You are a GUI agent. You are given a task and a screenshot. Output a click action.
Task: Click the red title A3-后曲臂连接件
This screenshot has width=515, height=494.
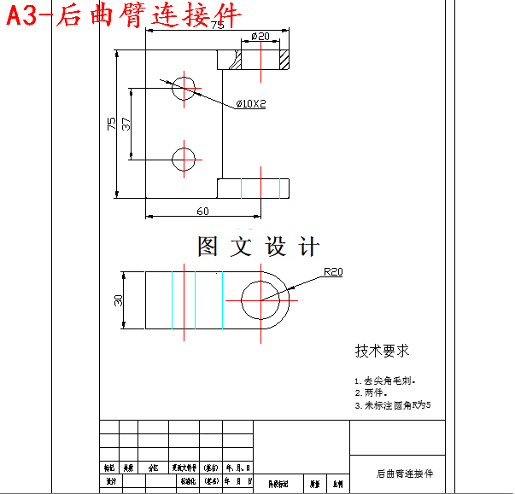(124, 15)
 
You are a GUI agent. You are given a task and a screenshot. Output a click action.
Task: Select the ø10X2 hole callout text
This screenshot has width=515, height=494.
(251, 104)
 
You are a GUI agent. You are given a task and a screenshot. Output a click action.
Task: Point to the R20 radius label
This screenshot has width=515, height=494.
(332, 272)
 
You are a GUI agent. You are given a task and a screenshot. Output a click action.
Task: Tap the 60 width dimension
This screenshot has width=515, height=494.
(202, 211)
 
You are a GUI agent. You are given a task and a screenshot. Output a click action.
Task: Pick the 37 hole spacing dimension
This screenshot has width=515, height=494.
(126, 123)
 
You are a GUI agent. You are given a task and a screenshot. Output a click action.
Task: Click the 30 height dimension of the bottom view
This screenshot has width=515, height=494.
(120, 299)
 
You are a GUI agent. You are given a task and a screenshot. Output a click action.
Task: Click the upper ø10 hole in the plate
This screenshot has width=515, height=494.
(184, 88)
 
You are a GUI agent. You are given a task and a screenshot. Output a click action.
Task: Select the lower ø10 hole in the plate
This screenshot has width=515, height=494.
(184, 158)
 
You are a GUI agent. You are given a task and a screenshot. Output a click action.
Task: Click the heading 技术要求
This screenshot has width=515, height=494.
(382, 350)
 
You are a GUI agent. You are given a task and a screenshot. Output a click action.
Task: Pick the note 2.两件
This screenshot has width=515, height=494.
(372, 393)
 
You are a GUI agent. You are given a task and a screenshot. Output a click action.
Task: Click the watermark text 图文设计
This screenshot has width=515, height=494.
(258, 247)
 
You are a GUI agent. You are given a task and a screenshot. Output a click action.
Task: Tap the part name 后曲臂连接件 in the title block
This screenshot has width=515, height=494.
(405, 473)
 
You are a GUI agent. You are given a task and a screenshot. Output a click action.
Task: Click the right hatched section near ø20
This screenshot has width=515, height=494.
(284, 59)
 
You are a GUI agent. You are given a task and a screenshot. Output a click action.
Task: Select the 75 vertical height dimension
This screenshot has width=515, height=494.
(111, 123)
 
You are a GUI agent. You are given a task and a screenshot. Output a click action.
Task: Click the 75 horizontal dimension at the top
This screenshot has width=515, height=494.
(217, 26)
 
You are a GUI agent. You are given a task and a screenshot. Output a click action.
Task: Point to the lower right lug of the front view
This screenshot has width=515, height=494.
(254, 188)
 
